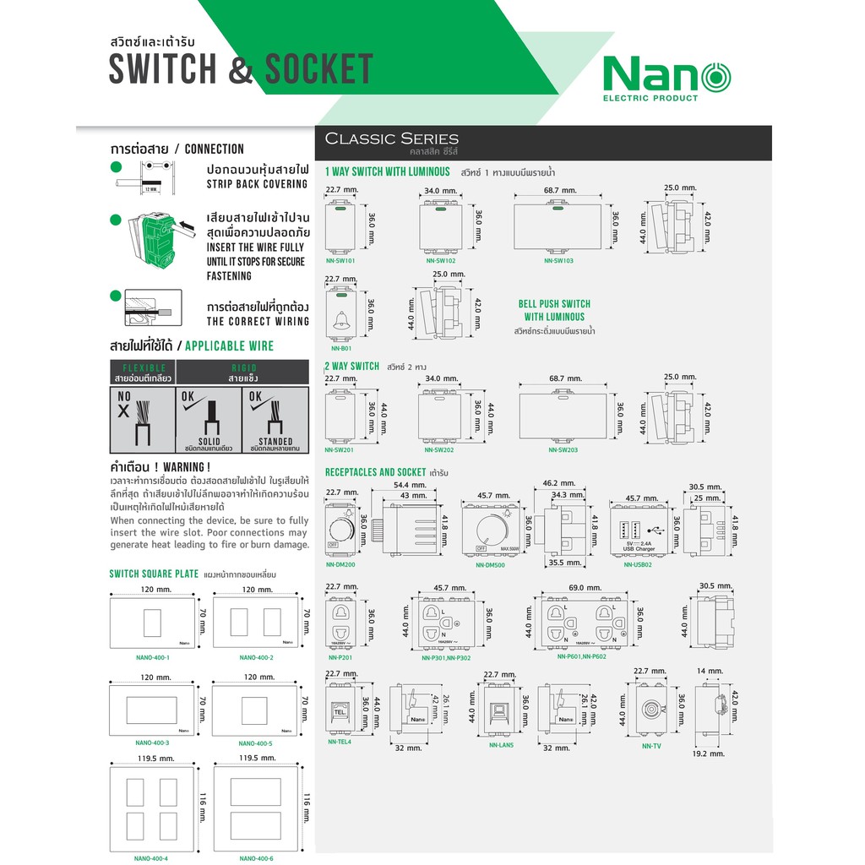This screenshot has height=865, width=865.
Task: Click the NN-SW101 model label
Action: coord(340,261)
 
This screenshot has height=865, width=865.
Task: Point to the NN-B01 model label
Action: coord(340,348)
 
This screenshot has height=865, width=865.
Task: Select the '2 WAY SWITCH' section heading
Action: coord(352,366)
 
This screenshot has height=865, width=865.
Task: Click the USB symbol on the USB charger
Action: coord(656,530)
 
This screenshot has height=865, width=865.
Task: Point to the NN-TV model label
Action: coord(651,746)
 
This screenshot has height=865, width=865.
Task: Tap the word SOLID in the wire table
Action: coord(208,441)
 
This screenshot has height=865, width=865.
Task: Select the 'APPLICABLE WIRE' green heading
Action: coord(229,346)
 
